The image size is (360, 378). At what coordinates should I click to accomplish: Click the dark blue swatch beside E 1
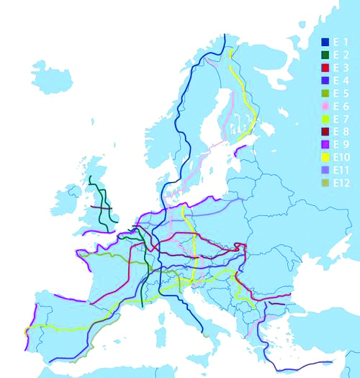[325, 42]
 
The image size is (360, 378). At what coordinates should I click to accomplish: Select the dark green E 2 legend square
[325, 55]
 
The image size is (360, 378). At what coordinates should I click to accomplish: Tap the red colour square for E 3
[325, 67]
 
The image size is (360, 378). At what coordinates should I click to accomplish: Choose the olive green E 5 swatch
[325, 93]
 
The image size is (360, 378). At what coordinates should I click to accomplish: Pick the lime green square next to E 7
[325, 119]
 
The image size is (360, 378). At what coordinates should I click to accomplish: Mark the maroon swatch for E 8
[325, 132]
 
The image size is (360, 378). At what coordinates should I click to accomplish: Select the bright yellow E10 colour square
[325, 157]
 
